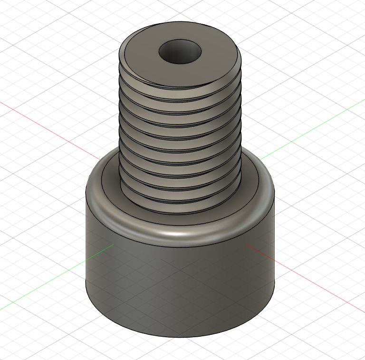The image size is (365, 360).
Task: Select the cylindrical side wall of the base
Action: (181, 285)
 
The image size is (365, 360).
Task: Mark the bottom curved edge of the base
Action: (181, 336)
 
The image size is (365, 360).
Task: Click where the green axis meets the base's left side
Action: (113, 245)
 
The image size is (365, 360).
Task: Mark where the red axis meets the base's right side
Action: (247, 245)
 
